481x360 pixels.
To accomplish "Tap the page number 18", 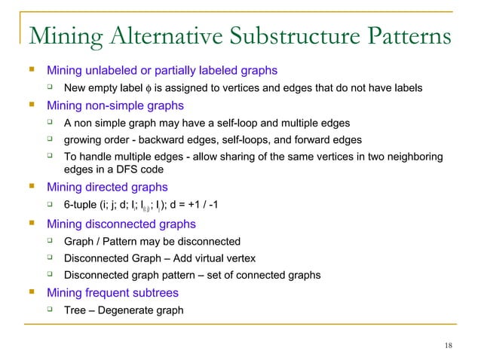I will coord(449,346).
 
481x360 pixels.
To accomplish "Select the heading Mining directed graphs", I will coord(107,188).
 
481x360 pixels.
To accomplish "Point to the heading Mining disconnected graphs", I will coord(121,224).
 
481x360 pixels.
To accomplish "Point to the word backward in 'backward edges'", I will coord(160,140).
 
